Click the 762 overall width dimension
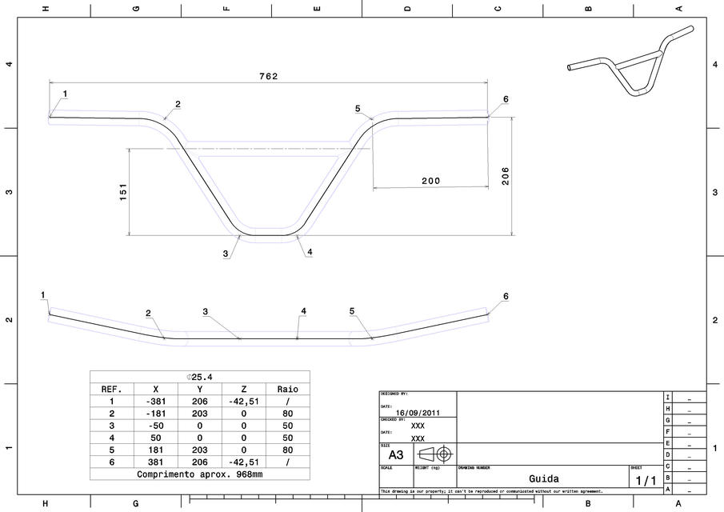point(268,76)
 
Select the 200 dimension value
point(430,181)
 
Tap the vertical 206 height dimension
point(505,176)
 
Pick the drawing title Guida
point(542,478)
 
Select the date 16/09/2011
point(418,414)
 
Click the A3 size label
point(396,454)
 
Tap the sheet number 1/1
point(645,480)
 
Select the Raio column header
point(288,389)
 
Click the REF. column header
point(111,389)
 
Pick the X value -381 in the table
point(155,402)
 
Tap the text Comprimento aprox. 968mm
point(199,474)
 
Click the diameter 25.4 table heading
point(199,377)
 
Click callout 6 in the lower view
point(506,296)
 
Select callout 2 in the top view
point(178,105)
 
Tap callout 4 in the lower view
point(303,310)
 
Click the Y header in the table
point(199,389)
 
